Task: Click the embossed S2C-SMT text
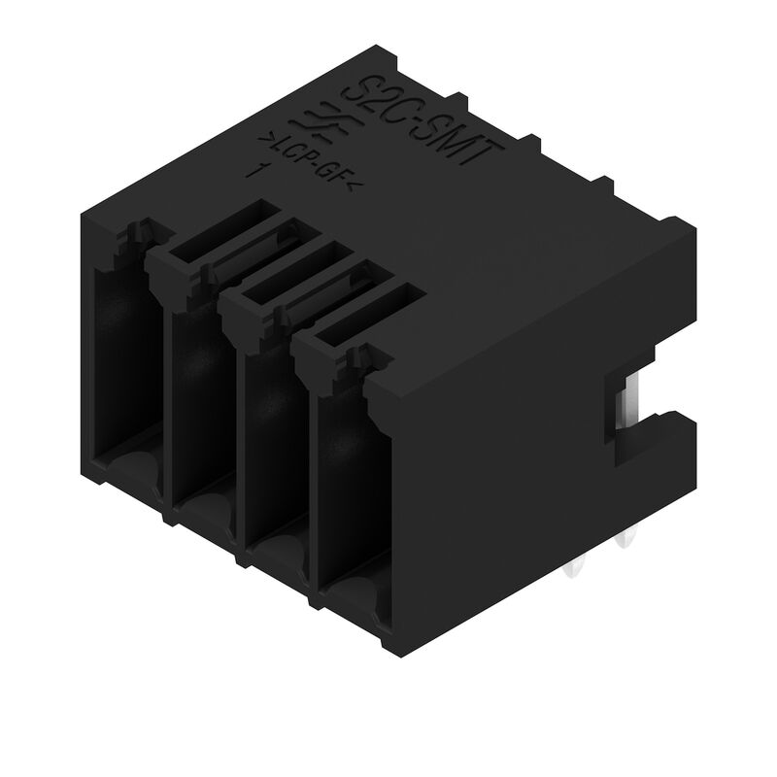pyautogui.click(x=423, y=126)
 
